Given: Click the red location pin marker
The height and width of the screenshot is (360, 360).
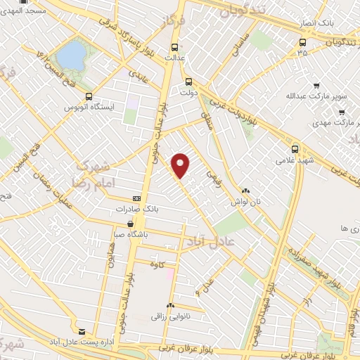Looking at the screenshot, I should [181, 165].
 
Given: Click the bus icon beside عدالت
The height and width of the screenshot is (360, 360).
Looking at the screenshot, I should [174, 48].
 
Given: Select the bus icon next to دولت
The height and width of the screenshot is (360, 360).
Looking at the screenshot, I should [187, 80].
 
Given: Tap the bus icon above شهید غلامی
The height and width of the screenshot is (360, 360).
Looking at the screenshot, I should [295, 149].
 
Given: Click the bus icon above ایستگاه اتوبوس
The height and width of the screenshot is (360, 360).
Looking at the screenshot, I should [89, 97].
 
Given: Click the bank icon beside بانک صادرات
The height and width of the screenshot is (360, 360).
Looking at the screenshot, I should [136, 199].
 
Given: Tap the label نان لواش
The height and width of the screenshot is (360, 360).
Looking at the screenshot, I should [247, 201].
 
